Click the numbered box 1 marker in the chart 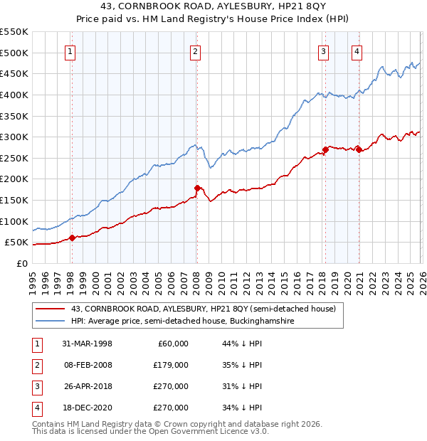[x=72, y=51]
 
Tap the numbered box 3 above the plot [x=323, y=51]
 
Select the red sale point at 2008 [x=197, y=188]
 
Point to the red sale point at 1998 [x=73, y=238]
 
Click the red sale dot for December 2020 [x=359, y=149]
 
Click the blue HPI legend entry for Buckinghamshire [x=182, y=322]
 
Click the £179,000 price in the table [x=170, y=365]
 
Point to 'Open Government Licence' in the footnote [x=201, y=431]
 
